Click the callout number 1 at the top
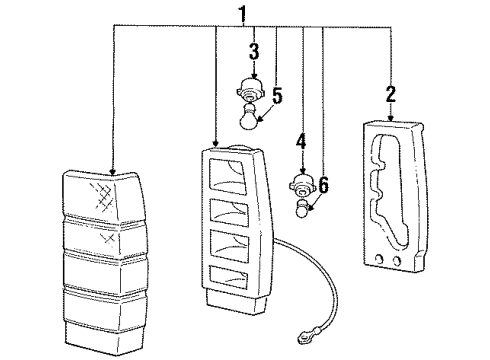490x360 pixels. pos(242,15)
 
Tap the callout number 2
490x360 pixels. pos(391,95)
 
